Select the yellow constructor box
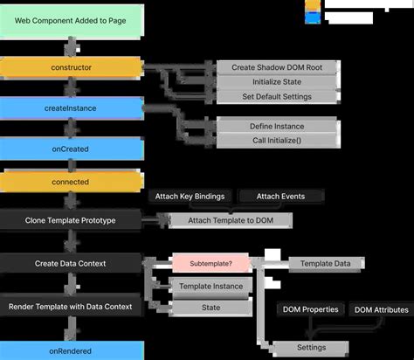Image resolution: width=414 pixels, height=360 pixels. point(71,67)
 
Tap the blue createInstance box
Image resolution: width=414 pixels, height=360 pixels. point(71,107)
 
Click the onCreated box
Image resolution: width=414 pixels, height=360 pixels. point(71,148)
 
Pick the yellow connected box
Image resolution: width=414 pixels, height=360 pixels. point(71,182)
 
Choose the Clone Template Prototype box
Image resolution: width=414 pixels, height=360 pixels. point(71,219)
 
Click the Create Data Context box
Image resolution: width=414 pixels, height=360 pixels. point(71,262)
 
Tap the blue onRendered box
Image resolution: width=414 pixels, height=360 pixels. point(71,350)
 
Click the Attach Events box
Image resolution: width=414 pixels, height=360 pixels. point(280,197)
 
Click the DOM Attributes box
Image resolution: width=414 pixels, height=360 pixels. point(381,309)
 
